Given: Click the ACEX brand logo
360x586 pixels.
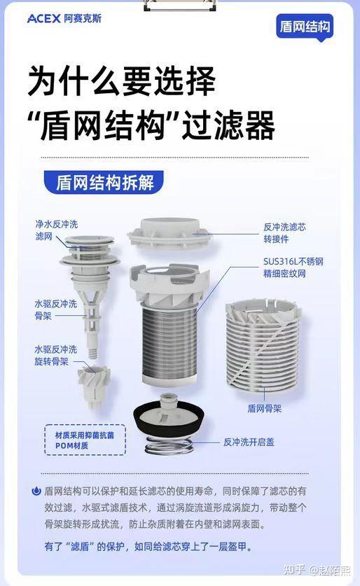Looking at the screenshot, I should click(64, 18).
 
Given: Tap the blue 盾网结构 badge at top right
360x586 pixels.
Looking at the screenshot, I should click(304, 27).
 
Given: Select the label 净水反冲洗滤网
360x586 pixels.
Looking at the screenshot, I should click(56, 231).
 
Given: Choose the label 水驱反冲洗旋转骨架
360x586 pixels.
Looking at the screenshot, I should click(55, 355).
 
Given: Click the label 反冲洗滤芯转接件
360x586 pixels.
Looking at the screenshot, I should click(284, 232).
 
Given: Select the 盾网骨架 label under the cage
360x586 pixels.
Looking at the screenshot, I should click(264, 408).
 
